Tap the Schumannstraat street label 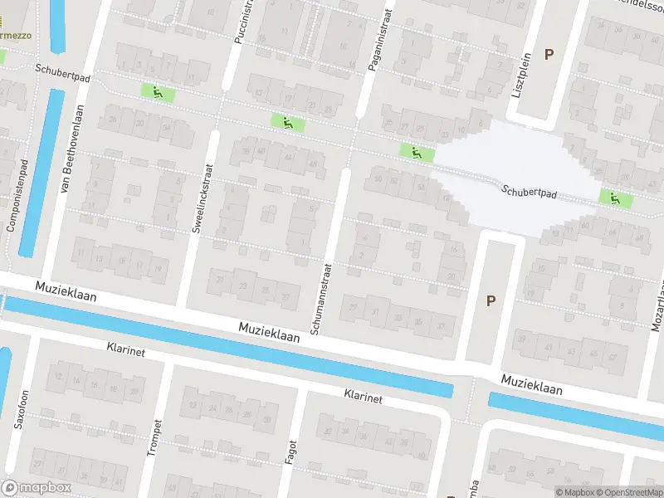(x=322, y=299)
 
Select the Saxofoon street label (x=21, y=408)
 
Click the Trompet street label (x=153, y=437)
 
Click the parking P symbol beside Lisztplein (x=549, y=54)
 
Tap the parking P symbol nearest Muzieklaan (x=491, y=300)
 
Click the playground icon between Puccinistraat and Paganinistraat (x=288, y=123)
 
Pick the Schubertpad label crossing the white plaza (x=529, y=191)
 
